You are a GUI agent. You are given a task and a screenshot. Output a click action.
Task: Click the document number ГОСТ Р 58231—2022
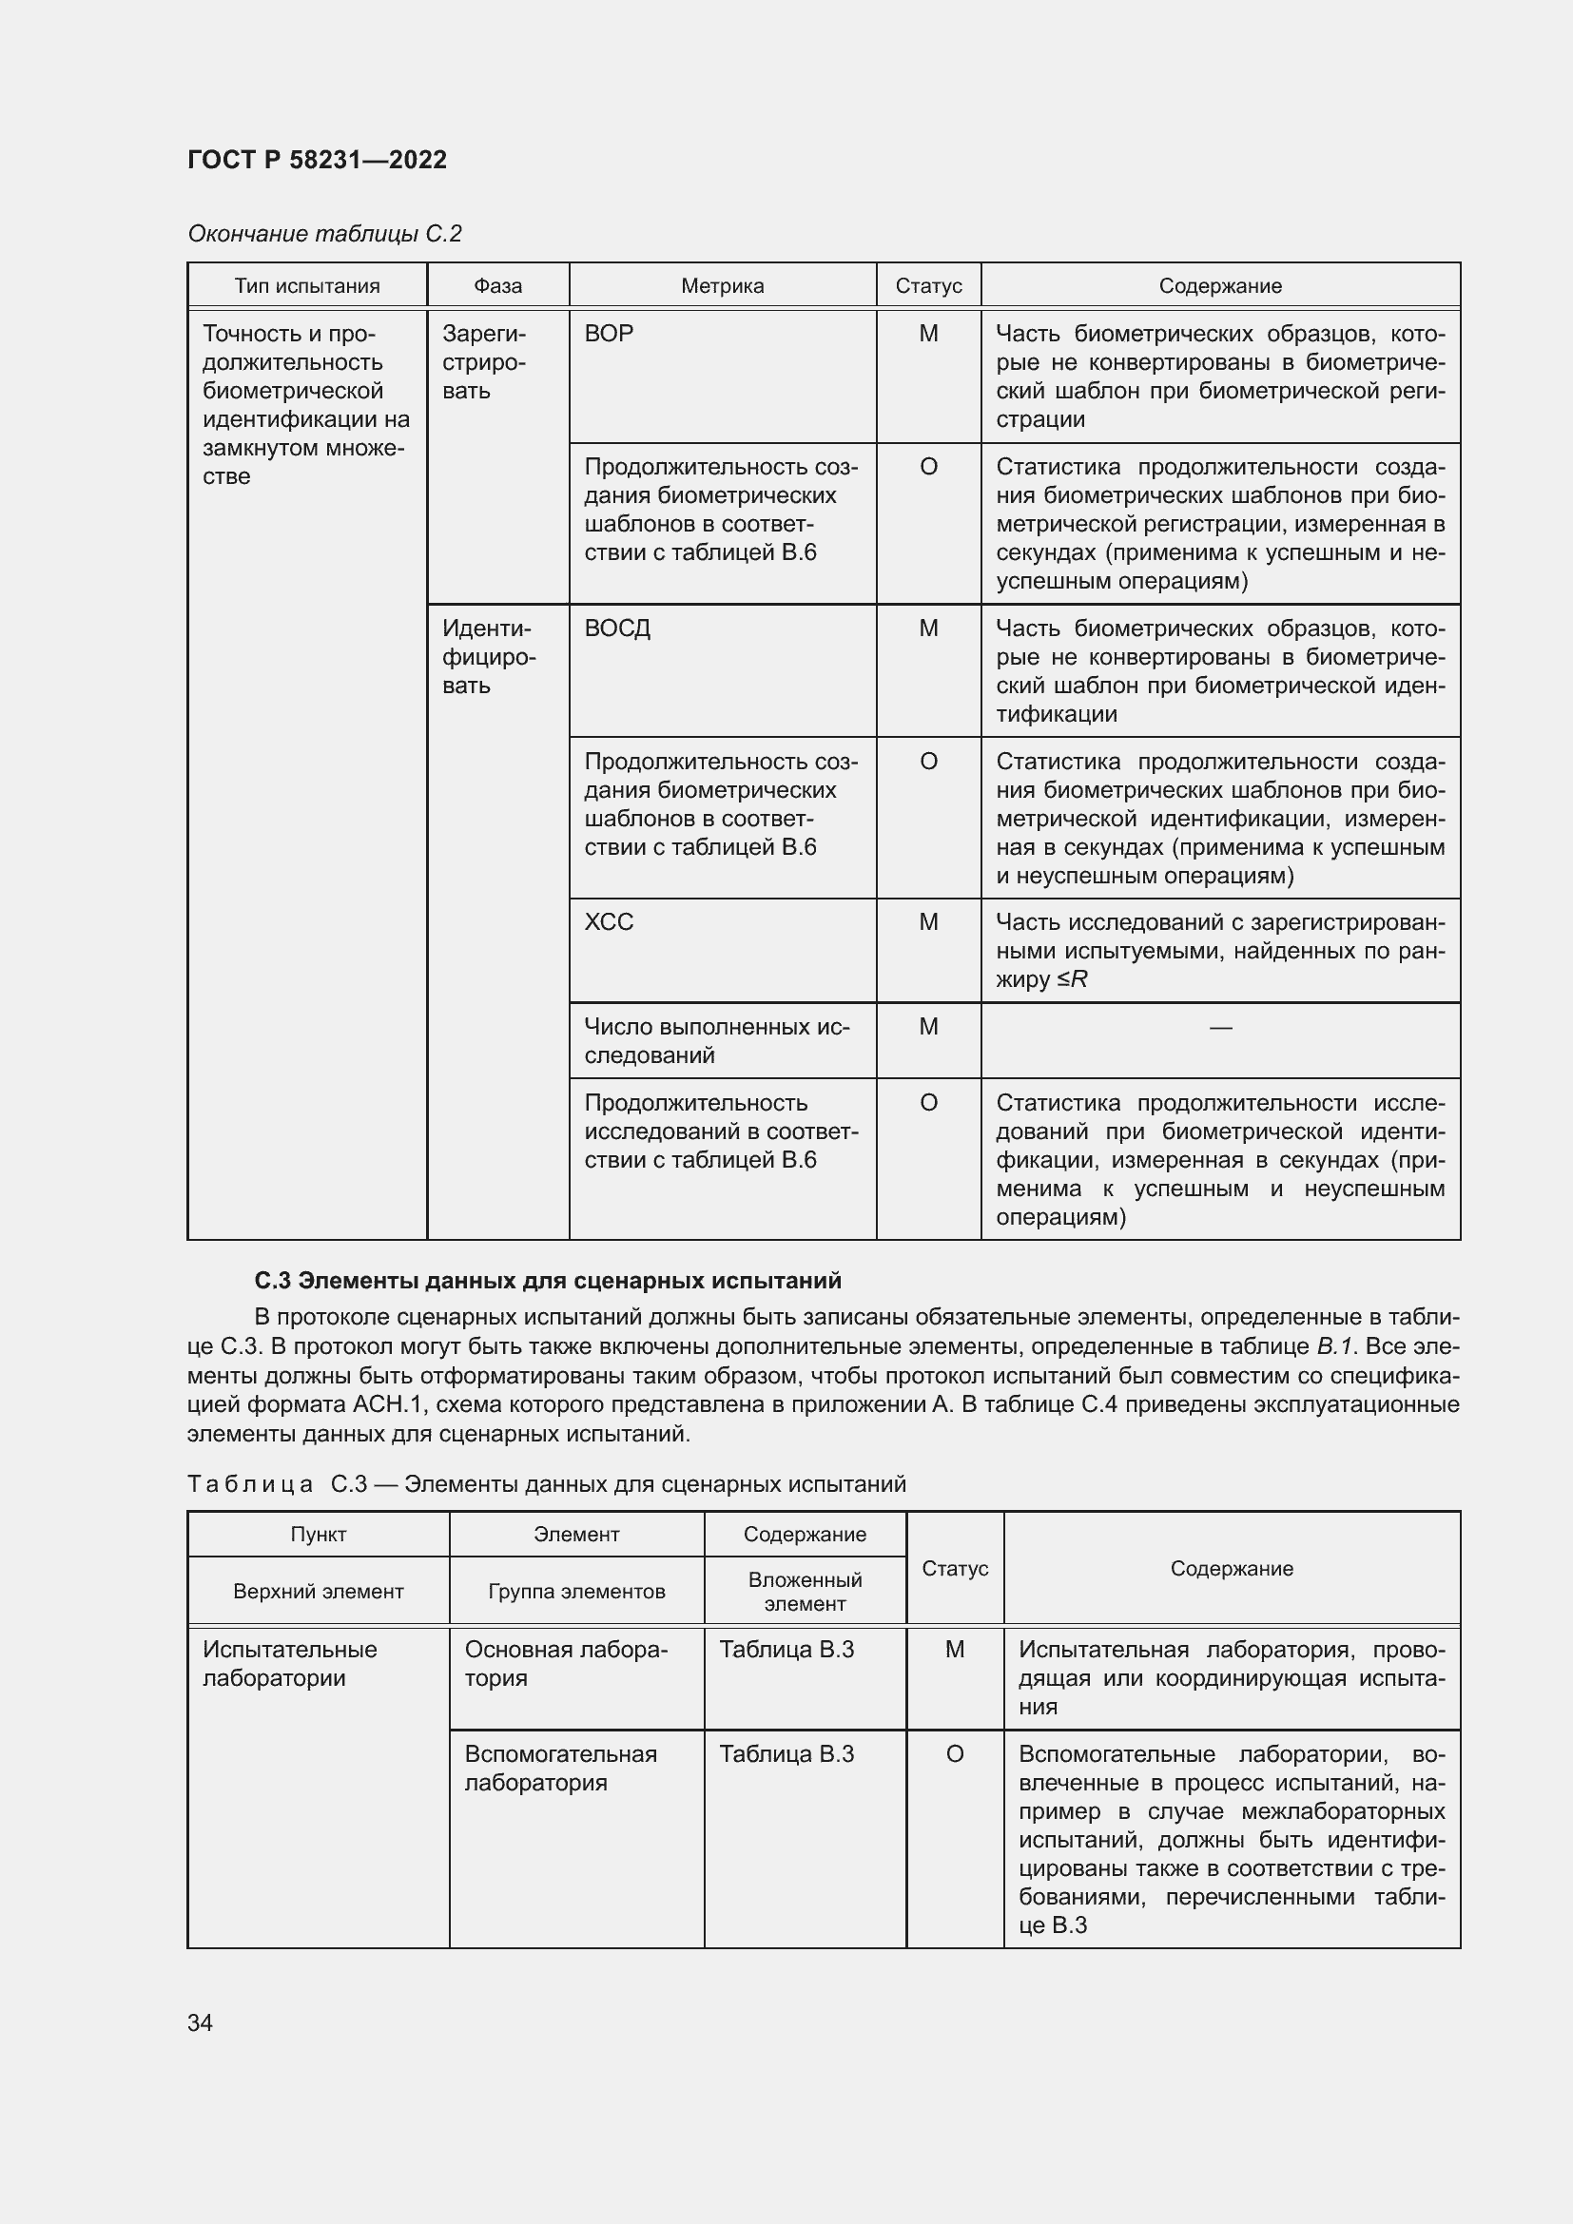click(x=317, y=160)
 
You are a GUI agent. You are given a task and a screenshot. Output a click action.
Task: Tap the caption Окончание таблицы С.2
click(x=324, y=234)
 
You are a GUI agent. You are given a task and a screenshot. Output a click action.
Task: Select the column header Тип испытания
click(x=307, y=286)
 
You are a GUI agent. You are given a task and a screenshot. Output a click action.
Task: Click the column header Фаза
click(x=497, y=286)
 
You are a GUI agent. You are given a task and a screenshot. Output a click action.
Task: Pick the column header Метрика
click(x=722, y=286)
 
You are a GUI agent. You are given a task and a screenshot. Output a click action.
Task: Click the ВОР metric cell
click(x=610, y=334)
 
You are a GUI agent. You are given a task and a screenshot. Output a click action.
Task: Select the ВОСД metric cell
click(x=618, y=629)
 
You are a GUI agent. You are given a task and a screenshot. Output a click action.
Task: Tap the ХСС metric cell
click(x=610, y=922)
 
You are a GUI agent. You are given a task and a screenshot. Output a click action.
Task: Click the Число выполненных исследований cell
click(x=717, y=1041)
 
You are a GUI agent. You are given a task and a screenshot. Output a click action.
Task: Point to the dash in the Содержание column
click(x=1220, y=1028)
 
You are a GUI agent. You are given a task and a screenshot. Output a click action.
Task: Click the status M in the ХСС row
click(x=928, y=922)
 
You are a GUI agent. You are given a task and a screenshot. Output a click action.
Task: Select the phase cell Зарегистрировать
click(x=484, y=362)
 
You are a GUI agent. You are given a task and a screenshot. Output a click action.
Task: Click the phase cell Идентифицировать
click(x=487, y=657)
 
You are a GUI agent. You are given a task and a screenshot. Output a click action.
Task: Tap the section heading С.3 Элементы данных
click(x=548, y=1282)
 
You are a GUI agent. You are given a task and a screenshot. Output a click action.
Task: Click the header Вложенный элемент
click(x=805, y=1592)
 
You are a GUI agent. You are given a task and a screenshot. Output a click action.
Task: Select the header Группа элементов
click(x=576, y=1592)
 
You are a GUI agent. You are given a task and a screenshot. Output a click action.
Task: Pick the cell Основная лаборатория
click(x=566, y=1663)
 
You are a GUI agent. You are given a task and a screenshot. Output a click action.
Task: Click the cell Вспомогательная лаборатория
click(x=560, y=1768)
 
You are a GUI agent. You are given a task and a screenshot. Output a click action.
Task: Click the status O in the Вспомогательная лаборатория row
click(x=954, y=1754)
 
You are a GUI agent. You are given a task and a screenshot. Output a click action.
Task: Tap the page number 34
click(x=201, y=2022)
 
